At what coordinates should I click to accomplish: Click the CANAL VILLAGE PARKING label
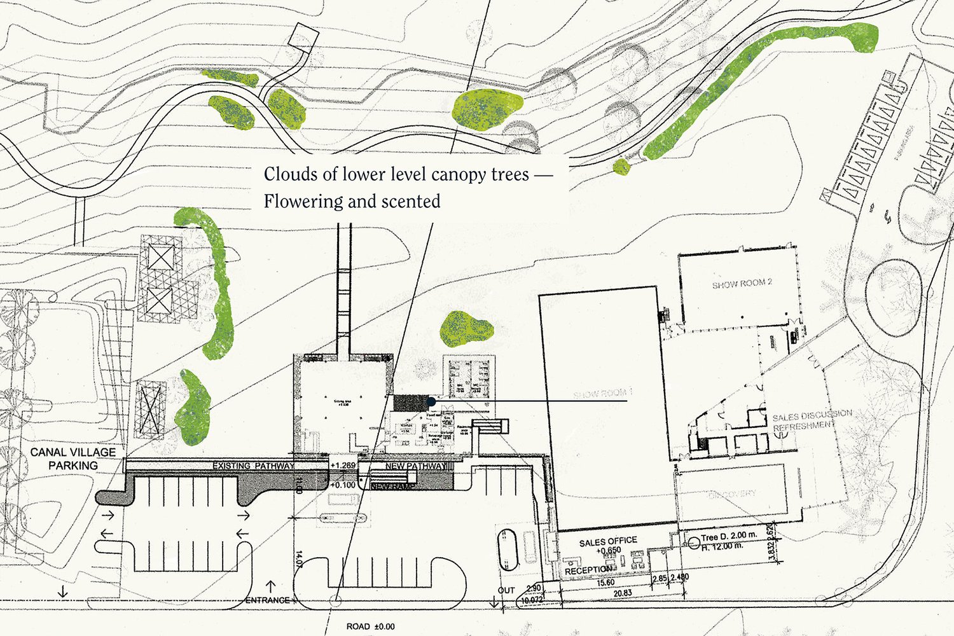(73, 459)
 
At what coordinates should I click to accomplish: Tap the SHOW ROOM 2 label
(742, 284)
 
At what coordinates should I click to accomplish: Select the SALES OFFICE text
(608, 541)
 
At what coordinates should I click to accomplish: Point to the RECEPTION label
(588, 570)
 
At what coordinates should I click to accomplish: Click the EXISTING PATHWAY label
(253, 466)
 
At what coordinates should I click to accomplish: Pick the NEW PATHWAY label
(414, 467)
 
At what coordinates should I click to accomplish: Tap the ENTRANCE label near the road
(267, 600)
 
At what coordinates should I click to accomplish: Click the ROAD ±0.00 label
(370, 626)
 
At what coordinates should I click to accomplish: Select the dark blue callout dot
(432, 401)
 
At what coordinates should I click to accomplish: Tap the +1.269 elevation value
(343, 466)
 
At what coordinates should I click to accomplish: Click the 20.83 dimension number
(622, 593)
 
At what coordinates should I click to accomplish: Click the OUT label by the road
(506, 590)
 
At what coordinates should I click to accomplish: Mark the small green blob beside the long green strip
(621, 167)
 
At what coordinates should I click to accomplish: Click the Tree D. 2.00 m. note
(729, 536)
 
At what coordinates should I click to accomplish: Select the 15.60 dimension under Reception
(605, 583)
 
